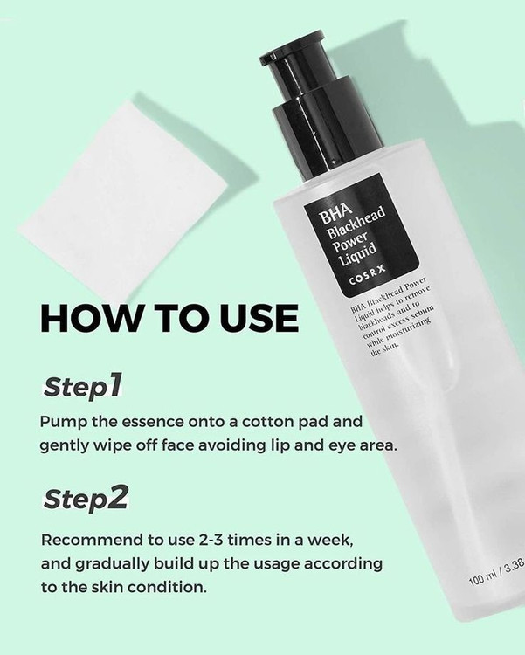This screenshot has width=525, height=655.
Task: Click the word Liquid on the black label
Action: coord(358,254)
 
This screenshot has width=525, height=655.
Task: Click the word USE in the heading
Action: coord(259,318)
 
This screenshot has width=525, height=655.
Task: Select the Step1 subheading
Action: coord(83,386)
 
